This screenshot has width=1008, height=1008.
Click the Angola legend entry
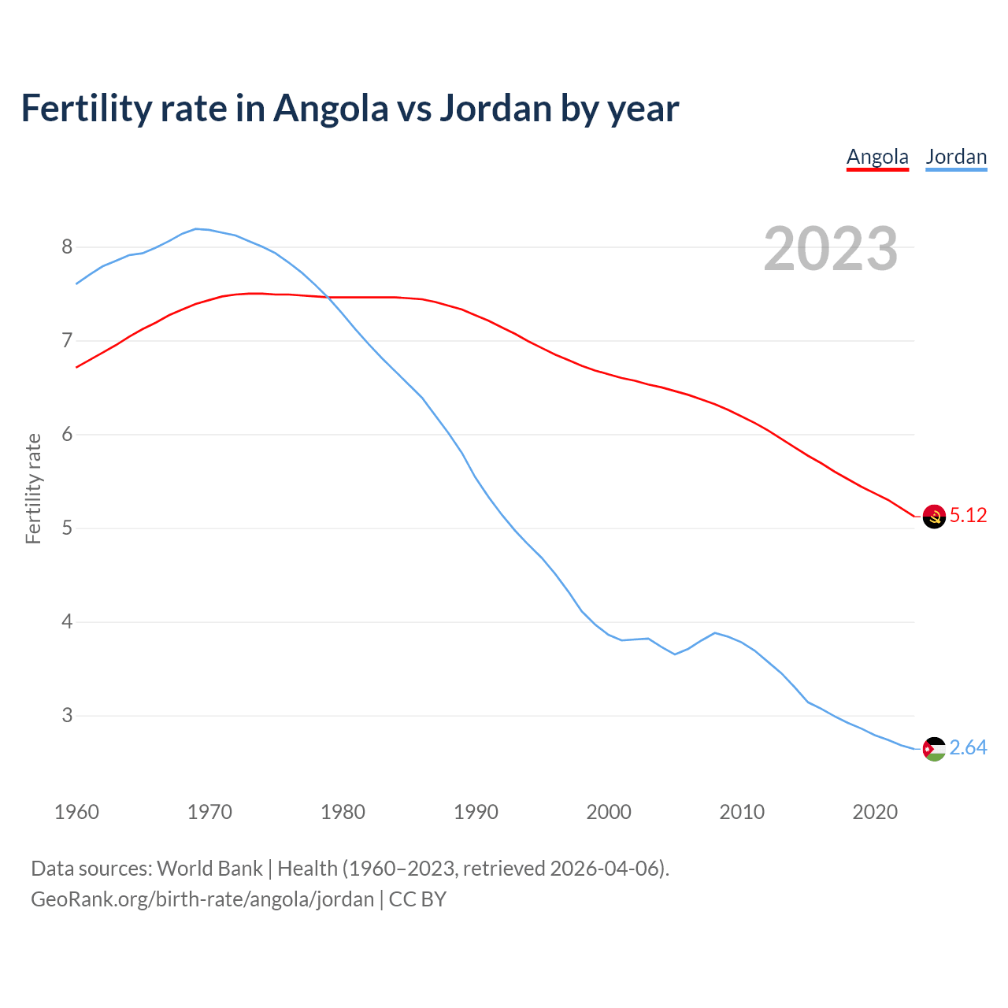click(x=877, y=157)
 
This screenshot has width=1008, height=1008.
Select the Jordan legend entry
click(x=956, y=157)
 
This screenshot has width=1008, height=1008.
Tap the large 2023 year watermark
click(x=830, y=249)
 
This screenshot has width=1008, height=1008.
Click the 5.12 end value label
click(x=968, y=516)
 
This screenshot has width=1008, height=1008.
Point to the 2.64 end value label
click(x=968, y=748)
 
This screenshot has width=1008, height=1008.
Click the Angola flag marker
click(x=934, y=517)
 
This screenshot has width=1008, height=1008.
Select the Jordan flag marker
click(x=934, y=749)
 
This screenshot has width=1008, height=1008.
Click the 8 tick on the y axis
click(x=67, y=247)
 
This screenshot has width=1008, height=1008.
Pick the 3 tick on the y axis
click(x=67, y=716)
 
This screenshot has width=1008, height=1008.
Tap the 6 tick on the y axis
click(x=67, y=435)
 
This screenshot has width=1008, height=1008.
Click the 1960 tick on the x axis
click(x=76, y=812)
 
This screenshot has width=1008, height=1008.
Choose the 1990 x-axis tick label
click(x=476, y=812)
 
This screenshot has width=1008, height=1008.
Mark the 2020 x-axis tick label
click(x=875, y=812)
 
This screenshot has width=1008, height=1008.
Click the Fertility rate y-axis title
click(x=33, y=488)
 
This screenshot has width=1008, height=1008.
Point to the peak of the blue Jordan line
click(x=197, y=228)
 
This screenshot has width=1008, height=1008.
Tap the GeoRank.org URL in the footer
click(x=202, y=899)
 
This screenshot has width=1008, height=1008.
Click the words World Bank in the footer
click(x=209, y=869)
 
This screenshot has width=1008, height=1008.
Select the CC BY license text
click(x=417, y=899)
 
